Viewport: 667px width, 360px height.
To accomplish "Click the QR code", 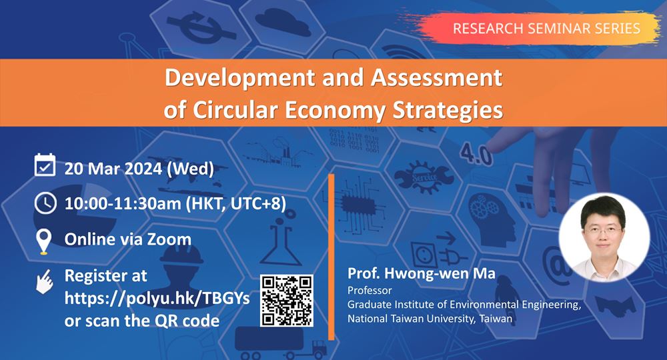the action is (x=287, y=301).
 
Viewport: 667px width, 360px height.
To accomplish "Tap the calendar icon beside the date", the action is (x=45, y=165).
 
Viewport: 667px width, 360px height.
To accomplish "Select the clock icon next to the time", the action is (x=45, y=203).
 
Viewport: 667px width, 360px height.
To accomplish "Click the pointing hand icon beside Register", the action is (x=44, y=281).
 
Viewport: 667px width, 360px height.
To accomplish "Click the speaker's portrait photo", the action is (x=604, y=237).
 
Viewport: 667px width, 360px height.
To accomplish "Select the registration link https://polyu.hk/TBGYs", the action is (x=157, y=298).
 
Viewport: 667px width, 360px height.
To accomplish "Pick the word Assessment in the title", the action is (x=437, y=78).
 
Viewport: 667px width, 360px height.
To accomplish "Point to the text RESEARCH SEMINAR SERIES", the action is (x=546, y=29).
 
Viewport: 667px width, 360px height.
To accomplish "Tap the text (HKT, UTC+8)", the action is (x=236, y=203).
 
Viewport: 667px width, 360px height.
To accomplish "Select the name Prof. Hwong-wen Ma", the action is (x=421, y=273).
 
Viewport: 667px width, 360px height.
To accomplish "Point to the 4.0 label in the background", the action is (x=476, y=153).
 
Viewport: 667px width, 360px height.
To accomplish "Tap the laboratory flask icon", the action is (x=279, y=242).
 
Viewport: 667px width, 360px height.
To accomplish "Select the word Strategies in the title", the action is (x=448, y=110).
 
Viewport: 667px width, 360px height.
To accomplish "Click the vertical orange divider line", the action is (x=331, y=257).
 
